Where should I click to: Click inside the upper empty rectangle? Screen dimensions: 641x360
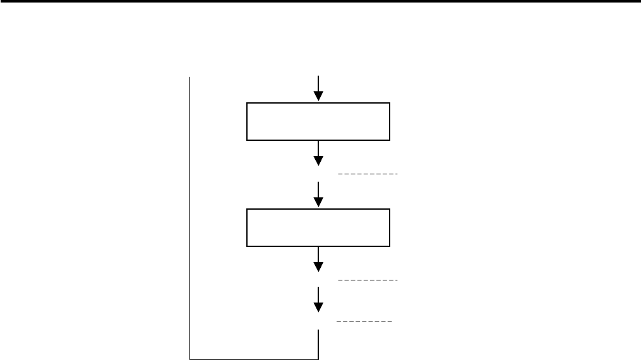pos(318,121)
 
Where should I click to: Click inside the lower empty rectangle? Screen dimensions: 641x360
pos(318,228)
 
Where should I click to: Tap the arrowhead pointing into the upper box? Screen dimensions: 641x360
pos(318,96)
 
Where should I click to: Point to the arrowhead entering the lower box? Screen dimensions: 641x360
pos(318,202)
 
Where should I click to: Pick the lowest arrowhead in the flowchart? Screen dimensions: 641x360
pos(318,307)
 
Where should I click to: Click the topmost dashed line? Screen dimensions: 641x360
pos(368,173)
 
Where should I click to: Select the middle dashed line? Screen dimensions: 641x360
pos(368,279)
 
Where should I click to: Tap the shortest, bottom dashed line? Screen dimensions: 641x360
pos(364,321)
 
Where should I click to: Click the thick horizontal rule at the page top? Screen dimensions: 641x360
pos(320,2)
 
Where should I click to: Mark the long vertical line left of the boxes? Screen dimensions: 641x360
pos(190,215)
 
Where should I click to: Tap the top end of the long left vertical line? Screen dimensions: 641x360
pos(190,77)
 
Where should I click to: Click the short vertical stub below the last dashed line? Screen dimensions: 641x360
pos(318,344)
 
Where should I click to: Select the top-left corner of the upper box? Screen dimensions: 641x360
pos(246,103)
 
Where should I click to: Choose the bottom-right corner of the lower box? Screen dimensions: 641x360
pos(390,246)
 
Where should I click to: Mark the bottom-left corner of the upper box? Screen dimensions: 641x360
pos(246,140)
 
